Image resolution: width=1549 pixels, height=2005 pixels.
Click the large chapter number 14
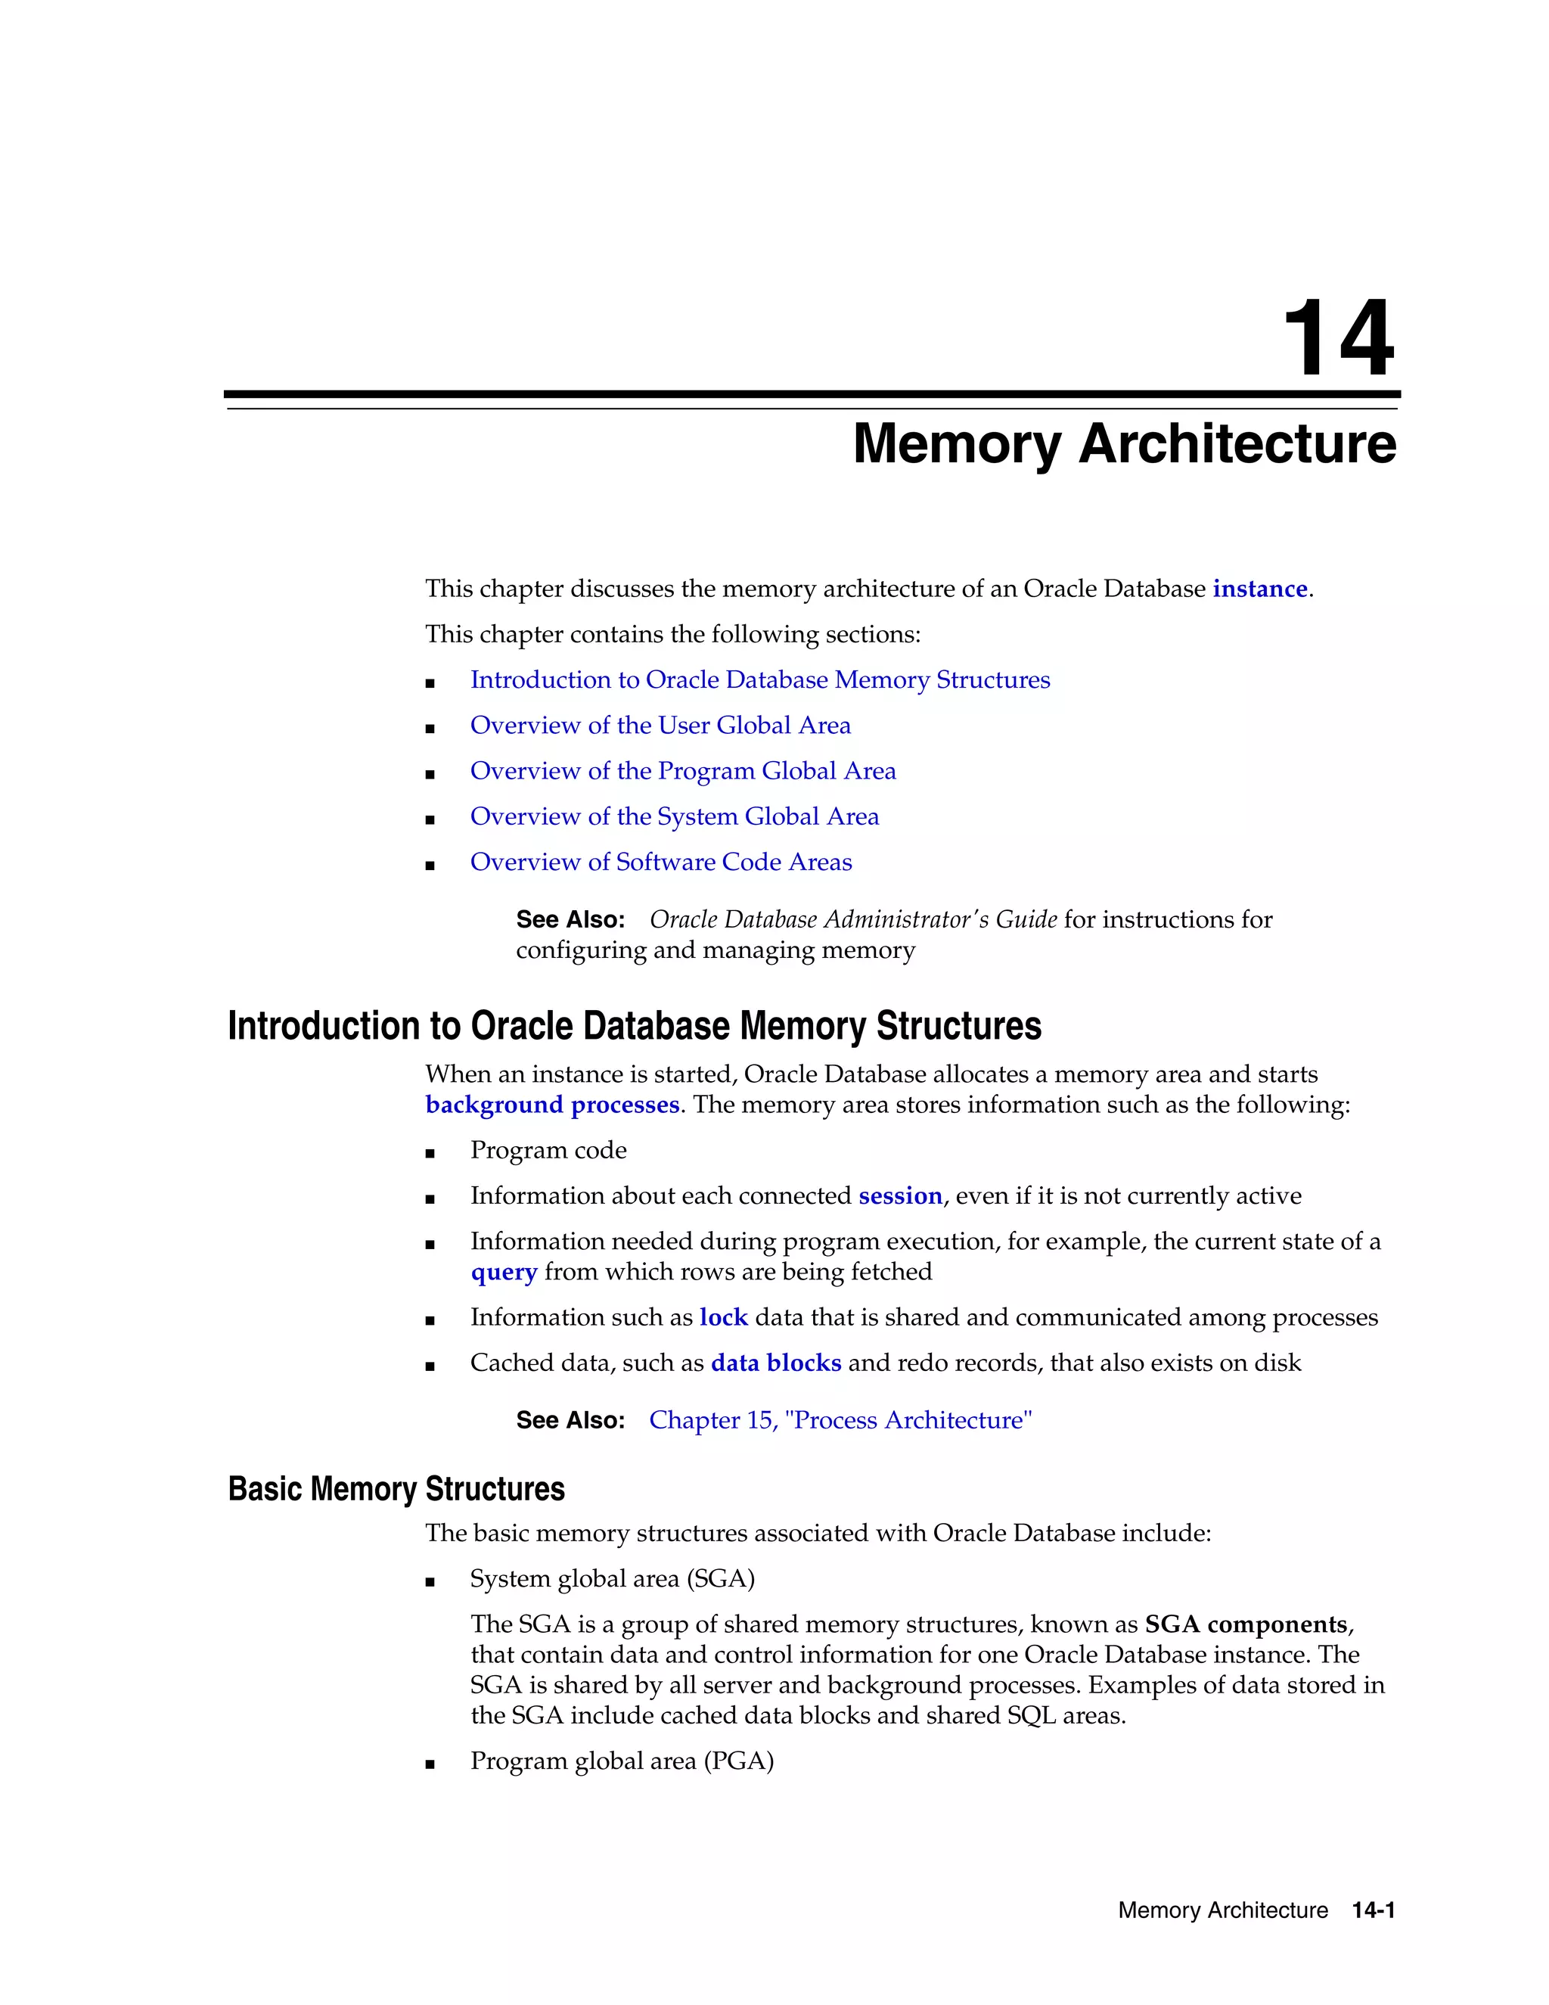tap(1338, 339)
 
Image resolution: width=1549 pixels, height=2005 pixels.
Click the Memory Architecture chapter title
tap(1124, 444)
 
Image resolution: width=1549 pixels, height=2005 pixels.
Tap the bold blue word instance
tap(1259, 589)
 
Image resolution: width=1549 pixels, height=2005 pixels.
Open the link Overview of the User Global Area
tap(660, 726)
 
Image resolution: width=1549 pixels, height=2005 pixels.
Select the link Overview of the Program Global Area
tap(683, 771)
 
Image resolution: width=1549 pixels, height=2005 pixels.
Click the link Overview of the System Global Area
tap(675, 816)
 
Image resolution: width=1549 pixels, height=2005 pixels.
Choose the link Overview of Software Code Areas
tap(661, 862)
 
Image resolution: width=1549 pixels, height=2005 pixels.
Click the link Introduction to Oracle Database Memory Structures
tap(760, 679)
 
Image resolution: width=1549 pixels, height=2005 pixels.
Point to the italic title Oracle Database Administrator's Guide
tap(853, 919)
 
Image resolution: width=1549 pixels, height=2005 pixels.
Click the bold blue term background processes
tap(551, 1105)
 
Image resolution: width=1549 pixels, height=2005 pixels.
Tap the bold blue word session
tap(900, 1195)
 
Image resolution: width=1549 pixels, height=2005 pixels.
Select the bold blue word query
tap(503, 1272)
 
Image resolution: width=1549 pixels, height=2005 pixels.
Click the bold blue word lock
tap(723, 1317)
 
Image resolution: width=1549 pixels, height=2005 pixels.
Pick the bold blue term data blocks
tap(775, 1363)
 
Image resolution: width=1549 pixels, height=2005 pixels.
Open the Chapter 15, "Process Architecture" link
tap(840, 1420)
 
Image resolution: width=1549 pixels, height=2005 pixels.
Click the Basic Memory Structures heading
tap(396, 1488)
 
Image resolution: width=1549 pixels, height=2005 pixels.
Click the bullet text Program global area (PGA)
tap(621, 1761)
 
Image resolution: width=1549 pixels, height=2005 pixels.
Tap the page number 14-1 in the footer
tap(1373, 1910)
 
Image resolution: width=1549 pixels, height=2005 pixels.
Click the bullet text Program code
tap(548, 1150)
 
